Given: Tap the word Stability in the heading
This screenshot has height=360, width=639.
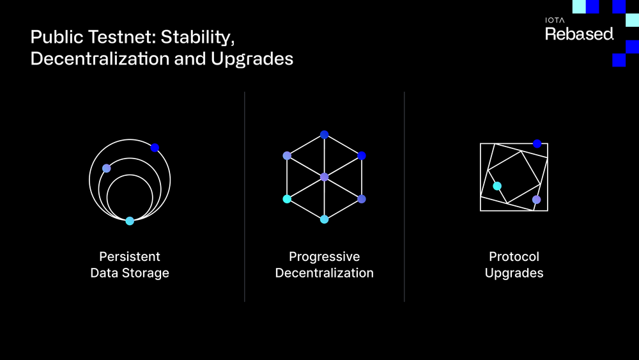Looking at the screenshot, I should [197, 37].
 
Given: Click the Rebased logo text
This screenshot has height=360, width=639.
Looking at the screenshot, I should [579, 35].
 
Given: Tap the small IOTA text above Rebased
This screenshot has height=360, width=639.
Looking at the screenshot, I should [554, 20].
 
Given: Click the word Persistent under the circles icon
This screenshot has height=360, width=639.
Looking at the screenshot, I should [130, 257].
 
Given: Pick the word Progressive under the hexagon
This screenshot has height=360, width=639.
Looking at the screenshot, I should [324, 257].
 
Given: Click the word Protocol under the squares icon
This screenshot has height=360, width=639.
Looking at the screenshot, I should [514, 257].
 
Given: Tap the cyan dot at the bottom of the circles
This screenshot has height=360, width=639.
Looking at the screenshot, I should [130, 221].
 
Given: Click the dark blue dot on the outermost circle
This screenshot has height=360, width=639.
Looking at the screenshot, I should [155, 148].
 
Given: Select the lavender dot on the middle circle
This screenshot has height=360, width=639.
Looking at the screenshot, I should [107, 168].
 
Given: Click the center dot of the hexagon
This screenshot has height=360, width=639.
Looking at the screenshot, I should [324, 176].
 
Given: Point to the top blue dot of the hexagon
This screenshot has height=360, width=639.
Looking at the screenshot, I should [324, 134].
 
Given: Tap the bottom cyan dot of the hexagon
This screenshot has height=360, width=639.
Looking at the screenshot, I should [324, 219].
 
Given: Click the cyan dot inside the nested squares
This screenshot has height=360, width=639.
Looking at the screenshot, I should [497, 186].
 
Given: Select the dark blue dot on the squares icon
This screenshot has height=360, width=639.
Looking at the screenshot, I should [537, 143].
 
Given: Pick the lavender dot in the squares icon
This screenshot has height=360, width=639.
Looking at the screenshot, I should [536, 200].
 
